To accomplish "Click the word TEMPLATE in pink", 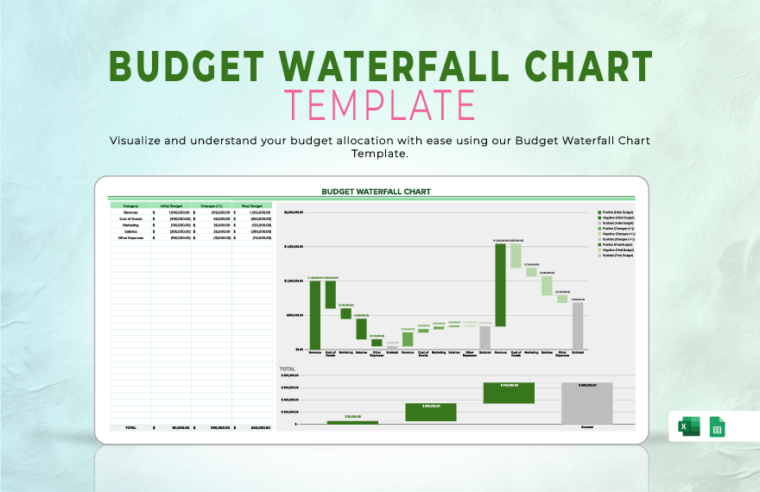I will point(380,104).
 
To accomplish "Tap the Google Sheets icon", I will point(717,426).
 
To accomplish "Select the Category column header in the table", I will point(130,206).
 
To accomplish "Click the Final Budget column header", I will point(251,206).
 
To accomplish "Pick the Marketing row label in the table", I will point(130,224).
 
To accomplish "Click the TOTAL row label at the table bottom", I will point(130,427).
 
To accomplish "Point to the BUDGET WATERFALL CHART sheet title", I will point(376,192).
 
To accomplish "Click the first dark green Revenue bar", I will point(315,315).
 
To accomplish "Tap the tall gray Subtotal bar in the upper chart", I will point(578,325).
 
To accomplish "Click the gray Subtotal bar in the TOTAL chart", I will point(586,403).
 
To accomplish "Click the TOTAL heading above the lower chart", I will point(287,369).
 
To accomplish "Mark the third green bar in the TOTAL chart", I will point(509,393).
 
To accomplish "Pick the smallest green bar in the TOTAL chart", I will point(352,422).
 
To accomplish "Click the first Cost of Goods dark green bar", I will point(330,294).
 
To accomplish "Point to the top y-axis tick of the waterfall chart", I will point(294,211).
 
